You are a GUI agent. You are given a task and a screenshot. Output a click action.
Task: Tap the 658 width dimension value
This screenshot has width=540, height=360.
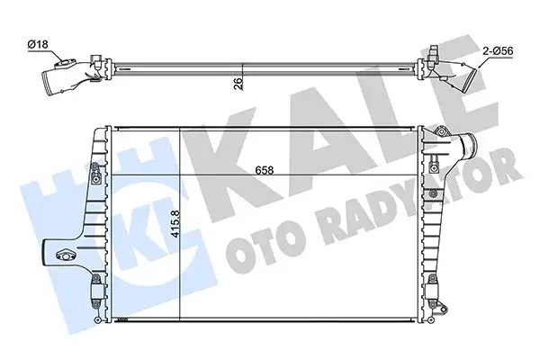[264, 168]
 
